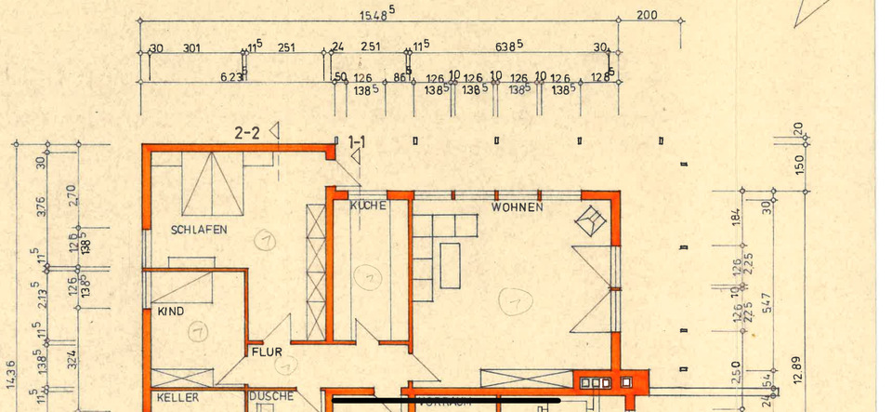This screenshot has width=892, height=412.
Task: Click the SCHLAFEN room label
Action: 199,230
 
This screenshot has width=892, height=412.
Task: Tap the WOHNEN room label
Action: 518,207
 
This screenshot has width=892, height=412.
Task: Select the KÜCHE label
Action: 368,206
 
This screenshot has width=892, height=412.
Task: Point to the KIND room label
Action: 170,311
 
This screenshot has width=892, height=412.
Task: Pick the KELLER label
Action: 171,397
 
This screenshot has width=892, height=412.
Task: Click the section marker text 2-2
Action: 247,133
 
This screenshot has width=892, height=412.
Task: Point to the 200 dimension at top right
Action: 647,16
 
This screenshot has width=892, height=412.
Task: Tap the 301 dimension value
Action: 192,48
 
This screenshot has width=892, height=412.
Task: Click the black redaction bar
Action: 446,401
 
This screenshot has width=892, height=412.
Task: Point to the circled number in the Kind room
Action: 196,330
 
